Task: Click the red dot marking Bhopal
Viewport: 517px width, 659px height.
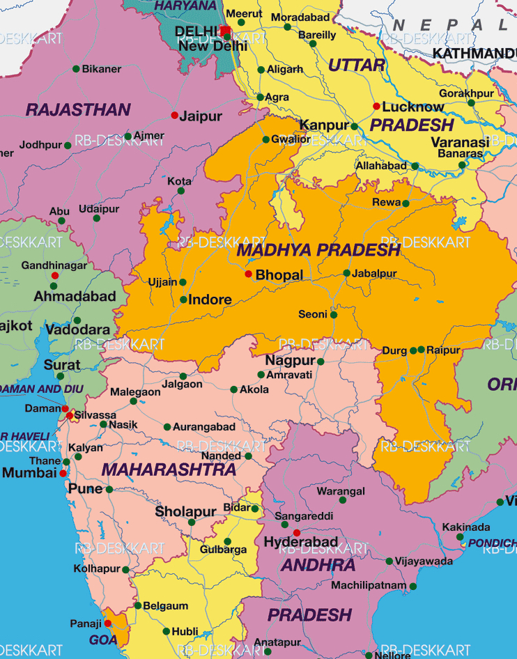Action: [248, 274]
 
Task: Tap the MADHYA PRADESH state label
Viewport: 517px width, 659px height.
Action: [318, 250]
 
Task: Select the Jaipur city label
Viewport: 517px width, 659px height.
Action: [201, 116]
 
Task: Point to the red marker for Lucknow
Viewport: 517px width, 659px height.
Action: [377, 107]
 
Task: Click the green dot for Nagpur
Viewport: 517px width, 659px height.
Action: [321, 362]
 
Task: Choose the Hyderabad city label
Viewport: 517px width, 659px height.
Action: [301, 542]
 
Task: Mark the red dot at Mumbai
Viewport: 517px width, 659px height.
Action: [63, 473]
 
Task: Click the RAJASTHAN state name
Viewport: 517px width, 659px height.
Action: [78, 110]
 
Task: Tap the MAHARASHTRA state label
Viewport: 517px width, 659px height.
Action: [169, 470]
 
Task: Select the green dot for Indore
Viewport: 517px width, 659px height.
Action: [183, 300]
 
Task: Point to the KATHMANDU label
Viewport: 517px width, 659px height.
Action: [474, 54]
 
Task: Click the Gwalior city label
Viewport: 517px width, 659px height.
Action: [291, 139]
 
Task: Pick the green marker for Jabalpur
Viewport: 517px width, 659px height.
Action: [346, 273]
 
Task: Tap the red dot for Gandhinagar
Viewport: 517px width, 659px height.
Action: [54, 276]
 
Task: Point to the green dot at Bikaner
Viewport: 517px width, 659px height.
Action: [76, 69]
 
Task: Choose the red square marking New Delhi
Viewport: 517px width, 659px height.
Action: [224, 30]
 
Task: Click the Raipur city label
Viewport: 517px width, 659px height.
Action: [444, 350]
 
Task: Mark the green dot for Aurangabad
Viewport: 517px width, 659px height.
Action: [167, 427]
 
